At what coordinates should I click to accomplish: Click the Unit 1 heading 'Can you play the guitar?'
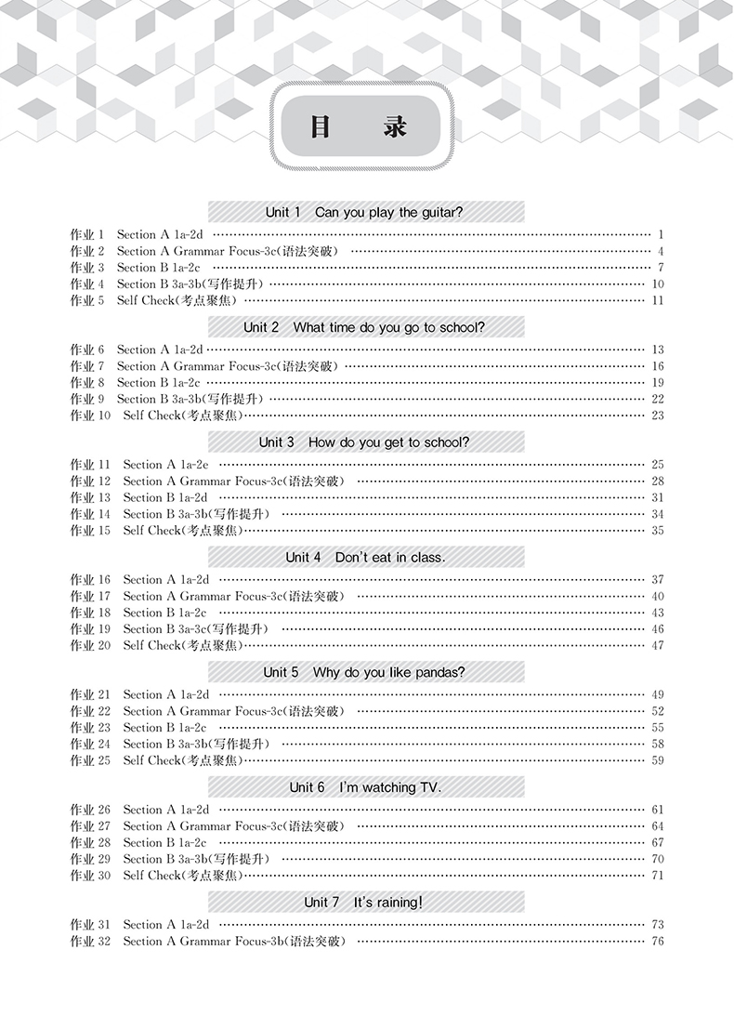point(365,212)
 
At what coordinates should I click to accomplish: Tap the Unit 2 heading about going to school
point(365,327)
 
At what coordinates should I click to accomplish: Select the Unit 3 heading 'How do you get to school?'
point(365,442)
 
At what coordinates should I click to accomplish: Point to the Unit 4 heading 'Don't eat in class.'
point(365,557)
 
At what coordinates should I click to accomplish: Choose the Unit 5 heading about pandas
point(365,672)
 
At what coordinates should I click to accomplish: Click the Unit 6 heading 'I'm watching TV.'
point(365,787)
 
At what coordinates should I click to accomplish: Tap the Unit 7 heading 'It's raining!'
point(365,902)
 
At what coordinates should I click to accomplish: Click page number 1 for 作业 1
point(659,235)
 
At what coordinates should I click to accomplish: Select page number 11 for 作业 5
point(658,300)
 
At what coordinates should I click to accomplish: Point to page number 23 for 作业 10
point(658,416)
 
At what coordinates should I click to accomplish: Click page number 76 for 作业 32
point(658,942)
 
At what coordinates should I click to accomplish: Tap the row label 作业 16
point(90,580)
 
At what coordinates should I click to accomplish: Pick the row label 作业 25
point(90,760)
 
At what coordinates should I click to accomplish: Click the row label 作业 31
point(90,925)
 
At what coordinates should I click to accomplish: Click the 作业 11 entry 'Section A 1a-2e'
point(165,465)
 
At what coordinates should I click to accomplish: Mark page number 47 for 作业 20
point(658,645)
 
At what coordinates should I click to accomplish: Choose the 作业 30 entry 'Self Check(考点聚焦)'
point(183,876)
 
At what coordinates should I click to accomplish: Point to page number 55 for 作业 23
point(658,728)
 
